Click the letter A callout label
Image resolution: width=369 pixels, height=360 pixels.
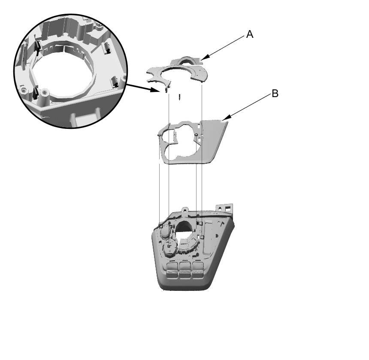pyautogui.click(x=250, y=34)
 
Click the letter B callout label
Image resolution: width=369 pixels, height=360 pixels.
pyautogui.click(x=275, y=94)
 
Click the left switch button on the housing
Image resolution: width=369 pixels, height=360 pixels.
pyautogui.click(x=172, y=270)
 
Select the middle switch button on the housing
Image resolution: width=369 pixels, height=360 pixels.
pyautogui.click(x=185, y=270)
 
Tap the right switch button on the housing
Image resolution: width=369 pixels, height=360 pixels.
pyautogui.click(x=198, y=270)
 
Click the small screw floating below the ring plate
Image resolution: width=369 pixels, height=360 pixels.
pyautogui.click(x=180, y=97)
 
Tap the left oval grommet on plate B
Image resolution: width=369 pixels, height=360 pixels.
pyautogui.click(x=159, y=135)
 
